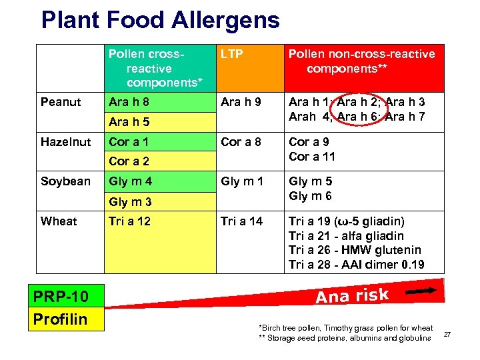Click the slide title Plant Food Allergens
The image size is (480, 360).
pyautogui.click(x=160, y=20)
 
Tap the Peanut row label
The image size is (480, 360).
pyautogui.click(x=61, y=102)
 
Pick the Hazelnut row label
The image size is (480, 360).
pyautogui.click(x=65, y=141)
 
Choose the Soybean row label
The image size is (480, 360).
pyautogui.click(x=65, y=181)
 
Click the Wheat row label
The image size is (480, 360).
pyautogui.click(x=59, y=221)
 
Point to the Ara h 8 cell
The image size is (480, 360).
pyautogui.click(x=129, y=102)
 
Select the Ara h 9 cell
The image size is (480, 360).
pyautogui.click(x=241, y=102)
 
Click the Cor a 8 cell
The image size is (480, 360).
pyautogui.click(x=241, y=141)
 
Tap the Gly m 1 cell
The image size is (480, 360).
pyautogui.click(x=242, y=181)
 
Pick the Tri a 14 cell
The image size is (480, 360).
pyautogui.click(x=241, y=221)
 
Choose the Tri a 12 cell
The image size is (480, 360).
pyautogui.click(x=130, y=221)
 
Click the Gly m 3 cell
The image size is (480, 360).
pyautogui.click(x=130, y=201)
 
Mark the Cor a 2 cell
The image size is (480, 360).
pyautogui.click(x=129, y=161)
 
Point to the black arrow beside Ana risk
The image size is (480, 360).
pyautogui.click(x=423, y=290)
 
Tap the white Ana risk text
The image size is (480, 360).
pyautogui.click(x=352, y=295)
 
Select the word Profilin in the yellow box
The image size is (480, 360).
pyautogui.click(x=61, y=319)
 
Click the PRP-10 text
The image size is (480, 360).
pyautogui.click(x=61, y=296)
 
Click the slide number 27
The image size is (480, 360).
pyautogui.click(x=447, y=333)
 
